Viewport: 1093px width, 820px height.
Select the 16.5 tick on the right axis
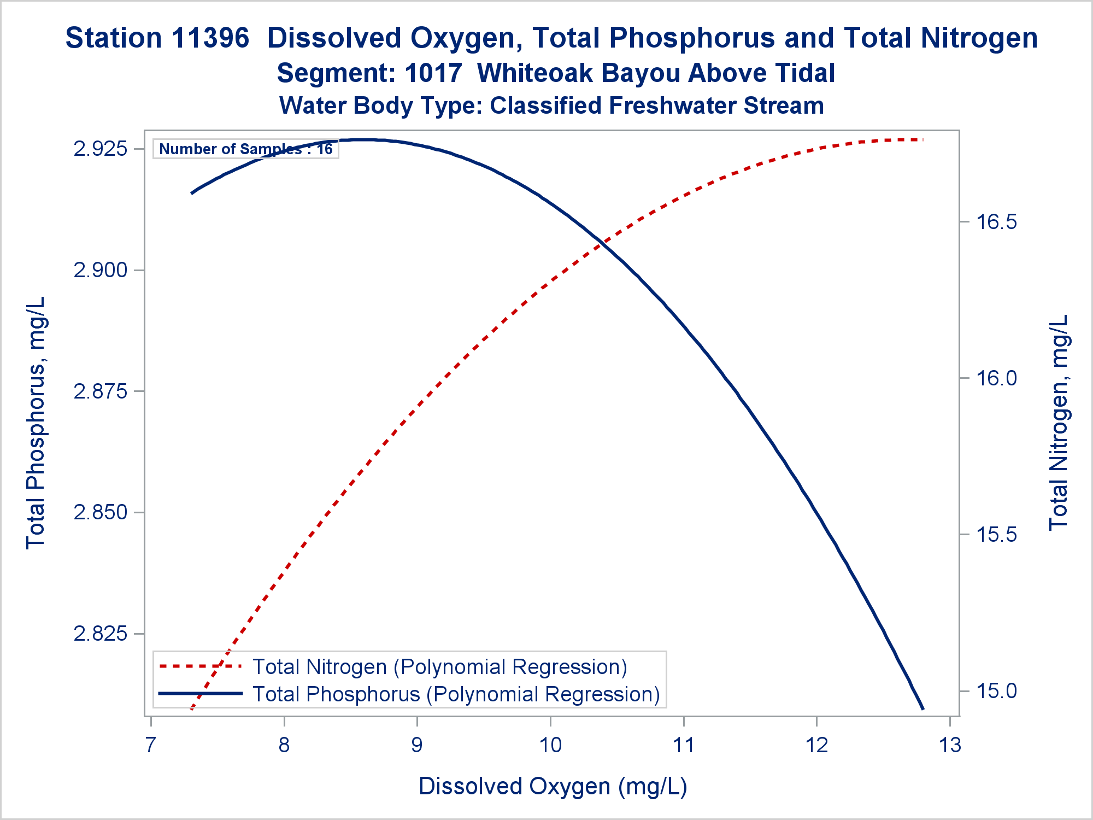point(996,222)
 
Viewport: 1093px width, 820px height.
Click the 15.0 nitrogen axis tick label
point(996,691)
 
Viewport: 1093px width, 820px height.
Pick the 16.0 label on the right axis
point(996,378)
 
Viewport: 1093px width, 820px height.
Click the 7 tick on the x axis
point(151,745)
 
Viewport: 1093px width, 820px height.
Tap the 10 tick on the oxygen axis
point(550,745)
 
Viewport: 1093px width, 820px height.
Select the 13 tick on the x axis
point(950,745)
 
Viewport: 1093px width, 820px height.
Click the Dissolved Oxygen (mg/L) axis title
point(553,786)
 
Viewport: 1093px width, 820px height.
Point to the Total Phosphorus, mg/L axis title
point(36,423)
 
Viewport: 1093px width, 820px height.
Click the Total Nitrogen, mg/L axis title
point(1059,423)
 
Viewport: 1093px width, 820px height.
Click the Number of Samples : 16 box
point(245,149)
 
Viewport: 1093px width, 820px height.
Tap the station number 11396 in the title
point(210,38)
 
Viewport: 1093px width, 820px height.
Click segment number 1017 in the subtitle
point(433,73)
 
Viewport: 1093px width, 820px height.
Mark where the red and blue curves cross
point(602,243)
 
